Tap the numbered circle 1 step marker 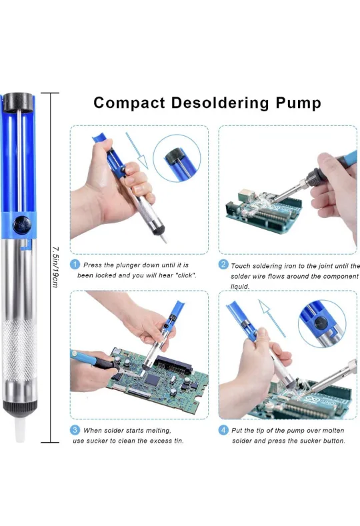tap(75, 265)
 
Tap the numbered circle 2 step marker tap(224, 265)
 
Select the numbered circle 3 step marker tap(75, 430)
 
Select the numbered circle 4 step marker tap(224, 430)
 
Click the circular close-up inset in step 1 tap(177, 158)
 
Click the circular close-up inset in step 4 tap(322, 323)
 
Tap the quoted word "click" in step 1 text tap(182, 275)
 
